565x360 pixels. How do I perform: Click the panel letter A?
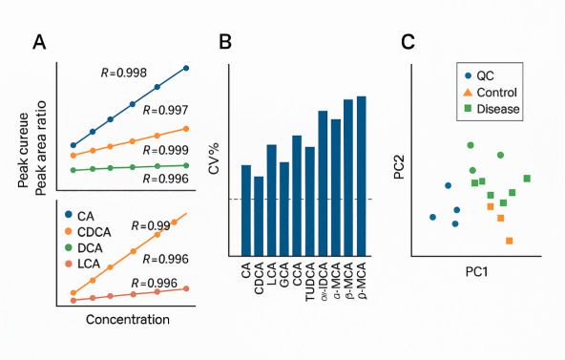click(x=39, y=41)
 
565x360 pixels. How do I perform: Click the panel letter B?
click(x=225, y=41)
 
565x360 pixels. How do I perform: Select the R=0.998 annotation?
click(x=124, y=73)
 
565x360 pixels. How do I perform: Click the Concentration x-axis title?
click(x=127, y=319)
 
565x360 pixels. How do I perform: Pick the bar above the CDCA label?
click(x=259, y=215)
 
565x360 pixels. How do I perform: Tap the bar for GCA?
click(x=284, y=208)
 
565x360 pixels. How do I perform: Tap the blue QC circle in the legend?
click(x=468, y=75)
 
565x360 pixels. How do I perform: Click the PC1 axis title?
click(x=477, y=271)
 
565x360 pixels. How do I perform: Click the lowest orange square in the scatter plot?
click(x=510, y=241)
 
